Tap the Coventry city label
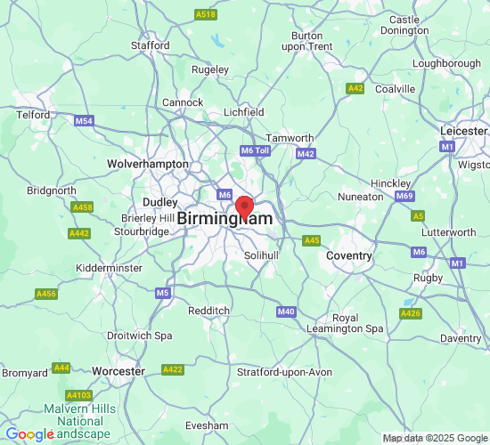[x=349, y=255]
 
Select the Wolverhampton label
[x=148, y=164]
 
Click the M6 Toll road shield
[x=255, y=151]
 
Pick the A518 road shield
[x=206, y=15]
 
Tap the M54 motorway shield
[x=85, y=121]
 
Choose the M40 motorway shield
[x=286, y=311]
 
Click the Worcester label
[x=118, y=371]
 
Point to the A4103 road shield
[x=79, y=395]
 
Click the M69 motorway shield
[x=405, y=196]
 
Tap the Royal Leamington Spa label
[x=357, y=323]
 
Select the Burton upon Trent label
[x=306, y=40]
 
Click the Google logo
[x=29, y=434]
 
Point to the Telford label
[x=33, y=115]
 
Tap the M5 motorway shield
[x=162, y=293]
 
